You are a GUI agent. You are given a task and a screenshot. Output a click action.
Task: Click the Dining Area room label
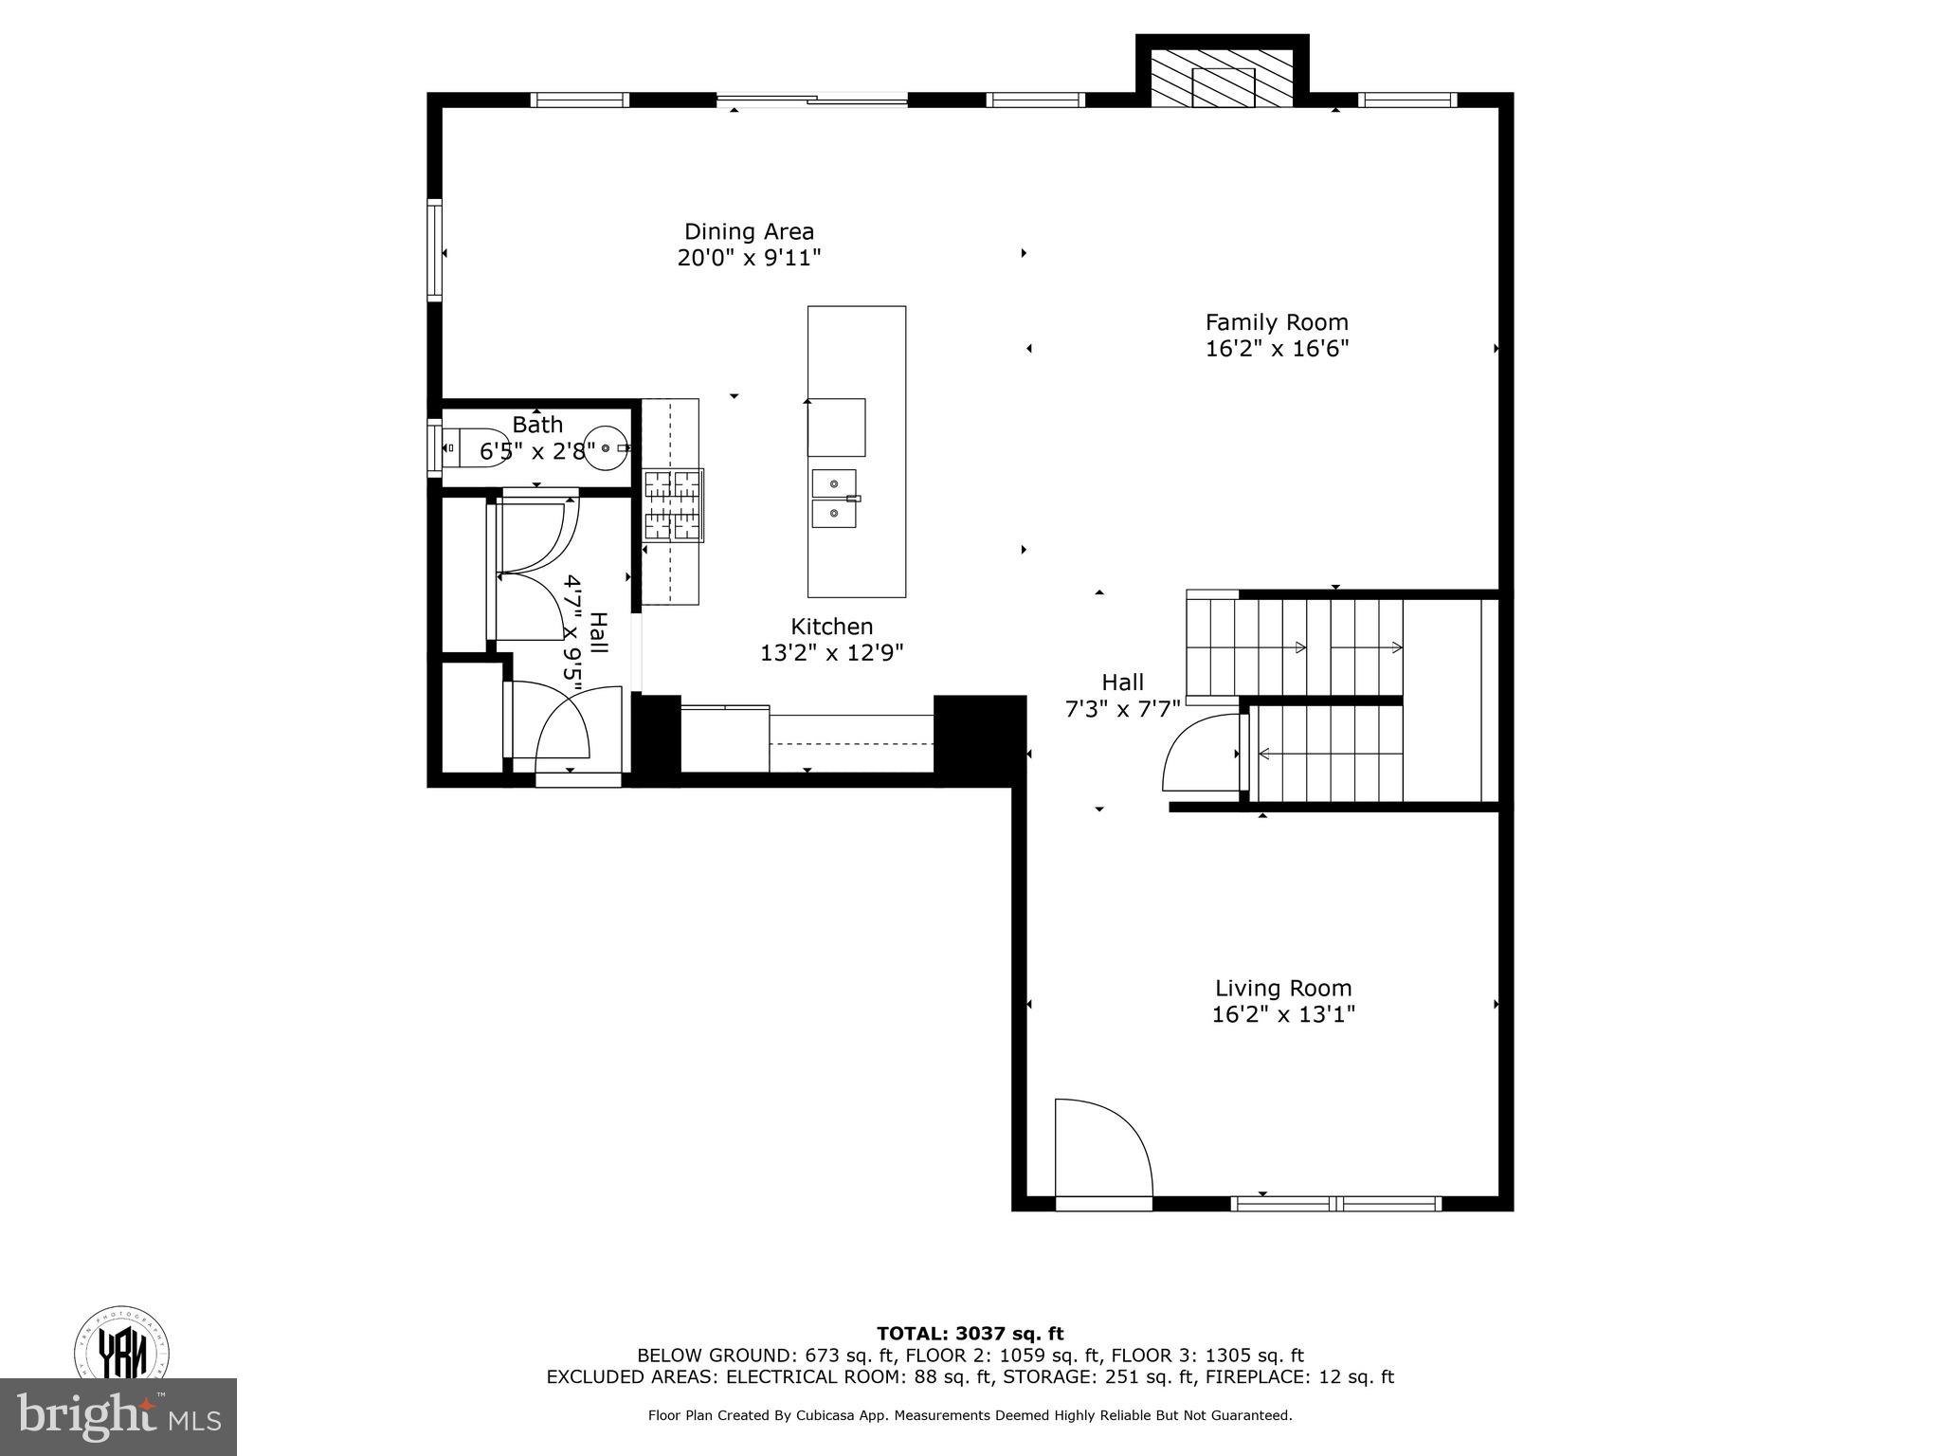tap(749, 231)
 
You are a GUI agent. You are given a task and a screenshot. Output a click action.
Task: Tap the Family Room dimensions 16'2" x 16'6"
tap(1277, 349)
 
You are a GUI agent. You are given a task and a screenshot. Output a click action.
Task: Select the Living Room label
tap(1283, 988)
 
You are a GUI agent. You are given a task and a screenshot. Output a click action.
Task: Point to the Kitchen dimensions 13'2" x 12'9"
tap(831, 653)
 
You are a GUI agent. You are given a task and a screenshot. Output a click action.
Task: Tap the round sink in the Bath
tap(606, 447)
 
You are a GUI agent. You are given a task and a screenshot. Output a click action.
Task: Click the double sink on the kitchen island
tap(834, 499)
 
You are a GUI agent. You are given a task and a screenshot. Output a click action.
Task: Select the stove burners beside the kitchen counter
tap(673, 504)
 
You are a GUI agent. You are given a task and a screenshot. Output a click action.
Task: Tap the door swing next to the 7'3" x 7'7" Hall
tap(1200, 754)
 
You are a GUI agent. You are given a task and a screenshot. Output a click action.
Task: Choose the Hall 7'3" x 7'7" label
tap(1122, 682)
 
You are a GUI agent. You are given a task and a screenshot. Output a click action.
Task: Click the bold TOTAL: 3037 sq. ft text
tap(970, 1334)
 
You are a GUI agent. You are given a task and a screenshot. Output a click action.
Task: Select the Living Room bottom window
tap(1335, 1204)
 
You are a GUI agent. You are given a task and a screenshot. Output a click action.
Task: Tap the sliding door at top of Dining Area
tap(812, 100)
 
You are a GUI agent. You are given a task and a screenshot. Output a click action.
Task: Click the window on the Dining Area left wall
tap(435, 251)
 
